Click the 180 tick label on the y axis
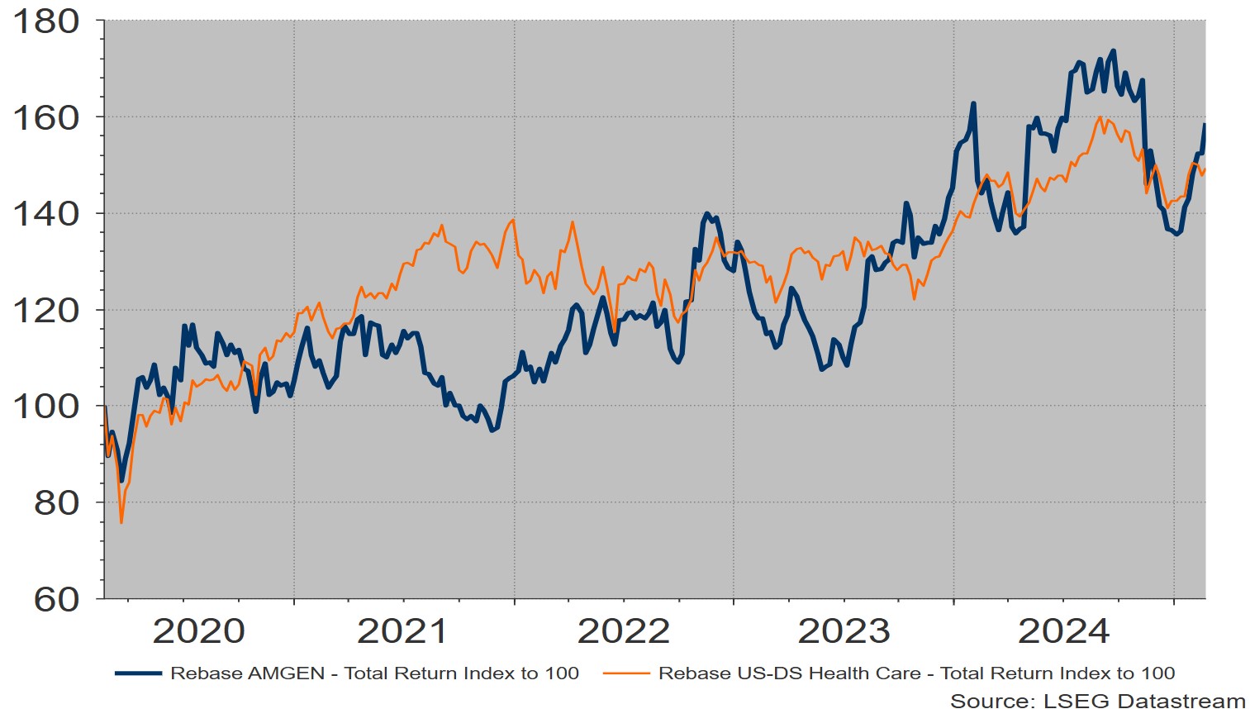[45, 21]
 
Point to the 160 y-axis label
[45, 117]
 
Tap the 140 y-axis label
[45, 214]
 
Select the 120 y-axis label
[45, 311]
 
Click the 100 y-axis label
[45, 407]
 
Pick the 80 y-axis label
[56, 502]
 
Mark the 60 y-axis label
[56, 599]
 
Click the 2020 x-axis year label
[198, 631]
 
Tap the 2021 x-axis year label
[402, 631]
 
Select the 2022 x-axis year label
[623, 631]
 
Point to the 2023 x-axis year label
[844, 631]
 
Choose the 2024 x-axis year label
[1064, 631]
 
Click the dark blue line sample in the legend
[138, 673]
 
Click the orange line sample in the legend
[626, 673]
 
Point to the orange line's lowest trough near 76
[121, 522]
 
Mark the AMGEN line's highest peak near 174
[1114, 50]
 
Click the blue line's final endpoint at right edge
[1205, 125]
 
